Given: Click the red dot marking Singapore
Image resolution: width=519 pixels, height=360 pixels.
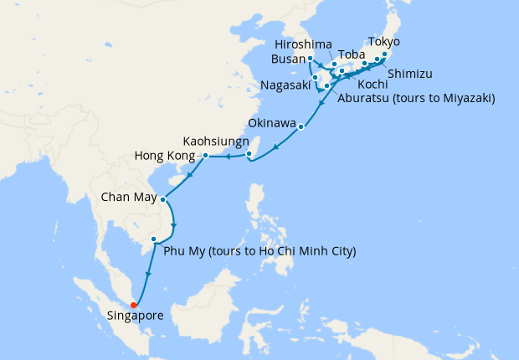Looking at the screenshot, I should pyautogui.click(x=134, y=305).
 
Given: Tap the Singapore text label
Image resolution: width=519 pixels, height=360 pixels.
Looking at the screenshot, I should pyautogui.click(x=136, y=316).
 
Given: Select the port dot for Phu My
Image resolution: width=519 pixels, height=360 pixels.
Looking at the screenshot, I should pyautogui.click(x=154, y=239).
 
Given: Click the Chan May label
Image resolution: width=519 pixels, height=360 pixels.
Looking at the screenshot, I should pyautogui.click(x=128, y=198).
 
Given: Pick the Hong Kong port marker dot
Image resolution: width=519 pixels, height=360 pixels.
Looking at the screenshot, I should pyautogui.click(x=205, y=156).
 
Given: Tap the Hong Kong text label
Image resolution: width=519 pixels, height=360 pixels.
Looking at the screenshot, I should pyautogui.click(x=167, y=156).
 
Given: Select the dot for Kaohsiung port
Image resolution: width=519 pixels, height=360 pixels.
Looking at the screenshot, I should pyautogui.click(x=259, y=153).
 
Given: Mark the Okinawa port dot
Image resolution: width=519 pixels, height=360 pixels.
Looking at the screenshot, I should pyautogui.click(x=301, y=128).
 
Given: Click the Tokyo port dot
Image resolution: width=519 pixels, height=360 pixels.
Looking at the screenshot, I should pyautogui.click(x=384, y=55).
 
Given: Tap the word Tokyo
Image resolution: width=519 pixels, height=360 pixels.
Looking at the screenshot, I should pyautogui.click(x=383, y=42).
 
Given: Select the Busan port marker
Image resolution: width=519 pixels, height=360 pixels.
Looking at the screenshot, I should pyautogui.click(x=311, y=59).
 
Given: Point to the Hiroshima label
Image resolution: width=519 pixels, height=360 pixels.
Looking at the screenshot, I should pyautogui.click(x=304, y=44).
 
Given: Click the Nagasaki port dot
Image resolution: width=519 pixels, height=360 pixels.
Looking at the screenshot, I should pyautogui.click(x=316, y=79).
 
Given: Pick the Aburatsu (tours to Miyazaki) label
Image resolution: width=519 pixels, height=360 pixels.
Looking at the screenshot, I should pyautogui.click(x=416, y=98).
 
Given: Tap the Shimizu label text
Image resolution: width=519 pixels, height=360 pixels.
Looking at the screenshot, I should pyautogui.click(x=409, y=72).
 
